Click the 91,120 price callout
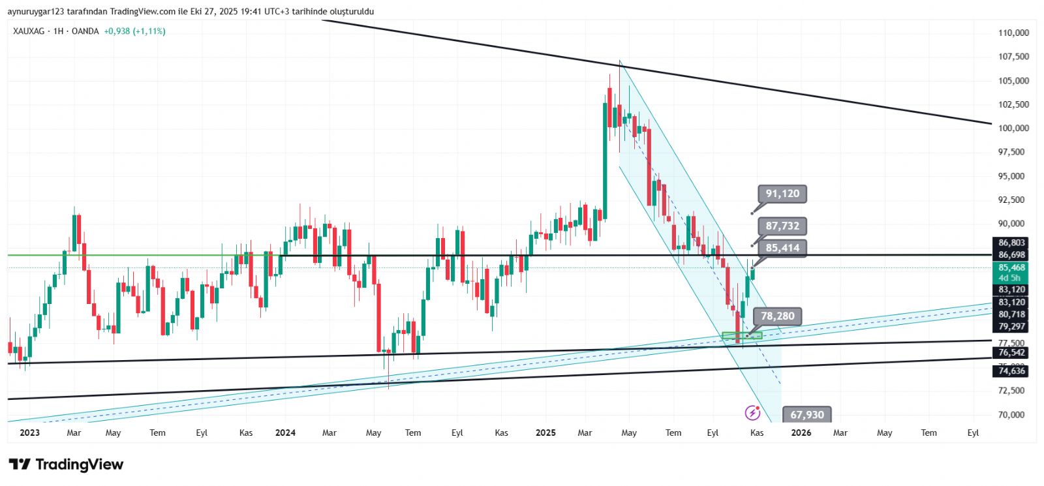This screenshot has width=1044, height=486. coord(782,194)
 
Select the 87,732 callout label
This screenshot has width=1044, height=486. coord(782,226)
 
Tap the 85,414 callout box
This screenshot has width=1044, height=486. coord(782,248)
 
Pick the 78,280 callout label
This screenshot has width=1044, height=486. coord(778,316)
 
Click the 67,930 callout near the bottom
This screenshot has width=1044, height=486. coord(807,415)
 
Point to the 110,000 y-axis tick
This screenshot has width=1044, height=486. coord(1013,33)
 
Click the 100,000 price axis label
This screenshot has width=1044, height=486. coord(1013,128)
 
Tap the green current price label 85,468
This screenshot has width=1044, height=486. coord(1011,267)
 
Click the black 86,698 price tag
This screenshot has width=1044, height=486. coord(1011,255)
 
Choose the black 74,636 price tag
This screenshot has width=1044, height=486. coord(1011,371)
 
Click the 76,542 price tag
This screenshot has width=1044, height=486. coord(1011,353)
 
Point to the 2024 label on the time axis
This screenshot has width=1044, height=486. coord(285,433)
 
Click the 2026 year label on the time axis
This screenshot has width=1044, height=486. coord(801,433)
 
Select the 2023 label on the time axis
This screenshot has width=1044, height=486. coord(29,433)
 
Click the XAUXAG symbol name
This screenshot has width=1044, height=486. coord(29,31)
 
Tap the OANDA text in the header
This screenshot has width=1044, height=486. coord(85,31)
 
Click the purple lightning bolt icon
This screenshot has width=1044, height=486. coord(752,413)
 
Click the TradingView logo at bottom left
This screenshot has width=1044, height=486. coord(66,464)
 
